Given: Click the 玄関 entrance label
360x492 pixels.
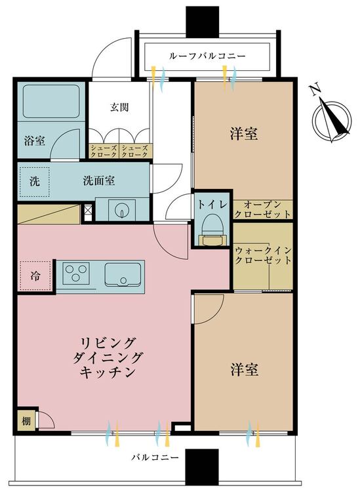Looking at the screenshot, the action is [119, 108].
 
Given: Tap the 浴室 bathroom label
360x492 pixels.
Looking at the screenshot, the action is [35, 140].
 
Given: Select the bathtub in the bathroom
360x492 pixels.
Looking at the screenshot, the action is [51, 101].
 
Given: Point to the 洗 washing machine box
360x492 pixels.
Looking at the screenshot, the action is [35, 182].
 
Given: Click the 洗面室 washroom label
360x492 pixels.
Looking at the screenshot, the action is [98, 181].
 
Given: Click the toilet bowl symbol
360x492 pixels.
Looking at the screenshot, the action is [213, 230].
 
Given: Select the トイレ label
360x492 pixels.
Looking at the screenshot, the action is [212, 204].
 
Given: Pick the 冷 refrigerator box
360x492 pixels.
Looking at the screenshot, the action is [35, 276].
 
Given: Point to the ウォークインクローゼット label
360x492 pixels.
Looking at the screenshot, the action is [264, 255].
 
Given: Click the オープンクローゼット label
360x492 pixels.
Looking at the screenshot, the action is [262, 210].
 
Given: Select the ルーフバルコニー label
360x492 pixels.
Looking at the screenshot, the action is [207, 56].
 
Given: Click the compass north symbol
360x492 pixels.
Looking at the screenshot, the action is [331, 115].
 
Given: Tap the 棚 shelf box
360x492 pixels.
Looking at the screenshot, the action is [26, 420].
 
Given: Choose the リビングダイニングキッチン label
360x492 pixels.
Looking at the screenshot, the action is [108, 358].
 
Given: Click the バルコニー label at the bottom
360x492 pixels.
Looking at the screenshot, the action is [155, 457].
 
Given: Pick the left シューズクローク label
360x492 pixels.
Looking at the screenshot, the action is [104, 151].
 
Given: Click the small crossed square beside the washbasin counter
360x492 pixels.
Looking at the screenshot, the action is [88, 211].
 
